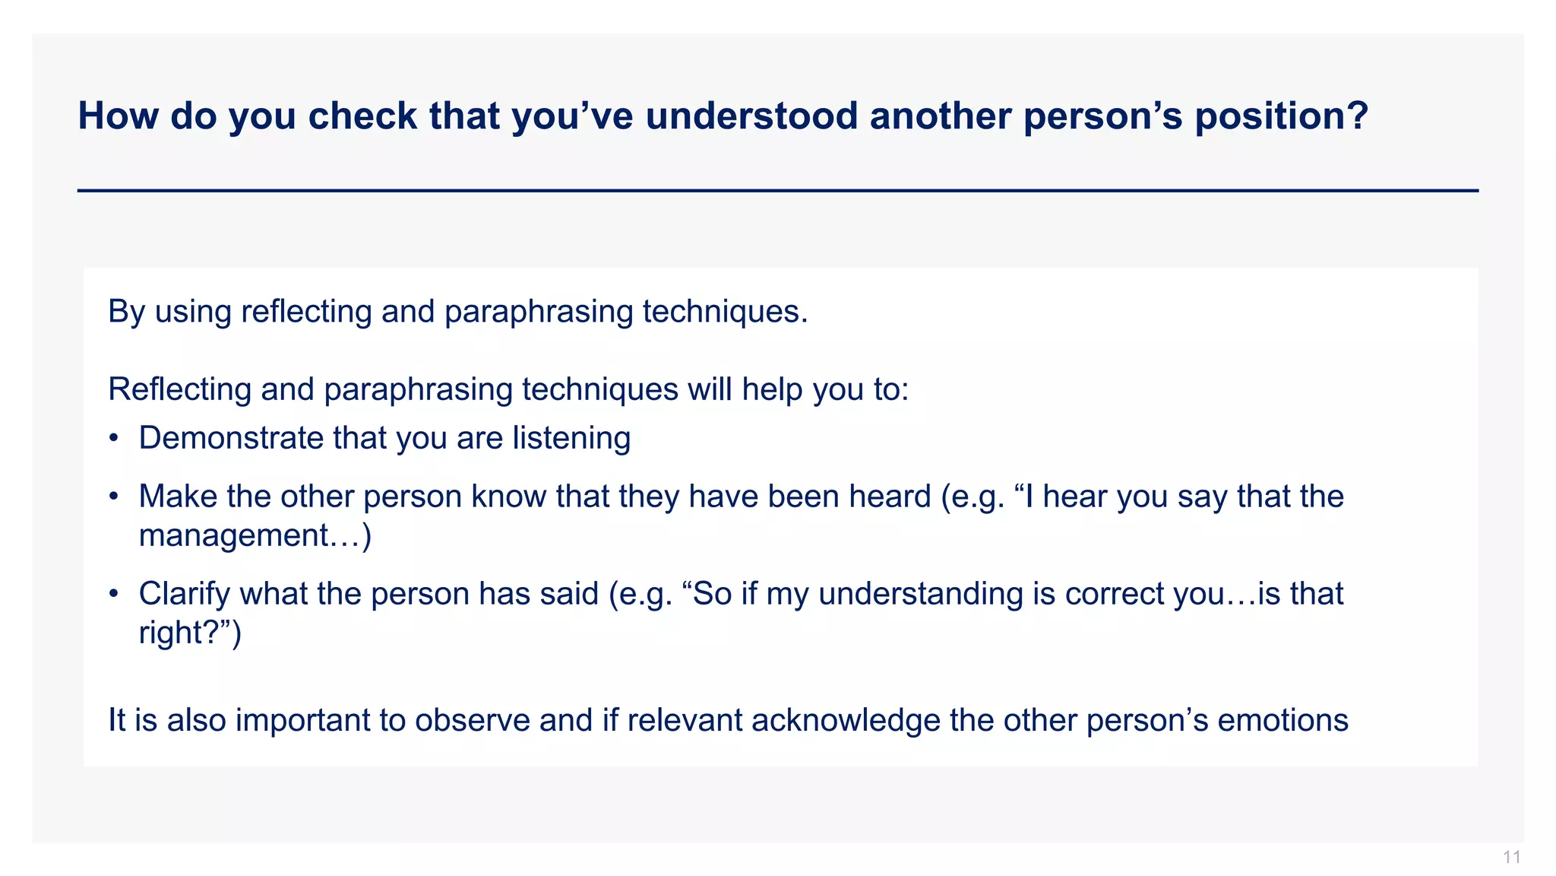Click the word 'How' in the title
tap(118, 116)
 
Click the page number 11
tap(1511, 858)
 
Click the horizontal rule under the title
tap(778, 190)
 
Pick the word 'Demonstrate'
tap(231, 439)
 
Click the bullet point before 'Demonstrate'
tap(113, 439)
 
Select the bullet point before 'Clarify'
tap(113, 594)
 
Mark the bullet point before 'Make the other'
tap(113, 497)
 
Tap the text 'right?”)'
tap(190, 633)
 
